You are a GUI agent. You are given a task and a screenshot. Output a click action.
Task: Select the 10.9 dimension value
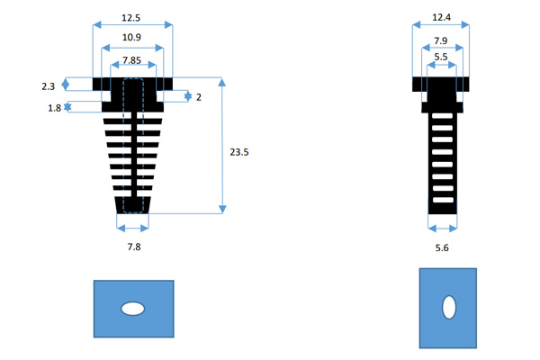[x=133, y=38]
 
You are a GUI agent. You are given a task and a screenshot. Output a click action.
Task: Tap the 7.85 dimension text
[x=133, y=61]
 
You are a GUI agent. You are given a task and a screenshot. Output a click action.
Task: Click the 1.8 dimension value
[x=53, y=108]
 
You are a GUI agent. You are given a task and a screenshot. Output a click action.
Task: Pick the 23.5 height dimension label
[x=240, y=152]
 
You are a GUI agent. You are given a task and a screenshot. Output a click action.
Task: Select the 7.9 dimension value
[x=442, y=40]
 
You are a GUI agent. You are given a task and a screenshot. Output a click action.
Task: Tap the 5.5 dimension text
[x=441, y=57]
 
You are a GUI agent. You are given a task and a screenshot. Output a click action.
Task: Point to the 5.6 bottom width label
[x=442, y=245]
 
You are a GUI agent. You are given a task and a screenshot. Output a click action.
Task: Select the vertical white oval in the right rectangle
[x=447, y=308]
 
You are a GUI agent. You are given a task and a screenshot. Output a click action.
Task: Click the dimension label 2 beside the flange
[x=198, y=96]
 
